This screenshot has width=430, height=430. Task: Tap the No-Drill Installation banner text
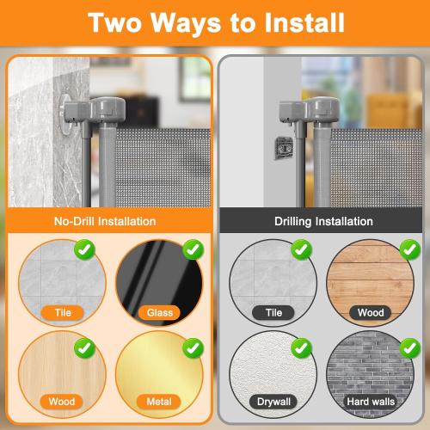(x=107, y=221)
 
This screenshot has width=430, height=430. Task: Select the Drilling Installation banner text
(x=323, y=221)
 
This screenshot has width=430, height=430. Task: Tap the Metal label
(x=158, y=401)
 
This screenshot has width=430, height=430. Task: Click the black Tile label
(x=273, y=312)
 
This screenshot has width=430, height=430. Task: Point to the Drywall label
(x=273, y=401)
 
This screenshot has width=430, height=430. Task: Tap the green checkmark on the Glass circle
(x=194, y=250)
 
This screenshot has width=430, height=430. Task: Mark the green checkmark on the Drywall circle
(x=301, y=348)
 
